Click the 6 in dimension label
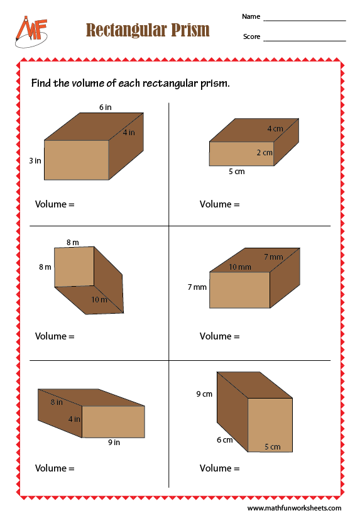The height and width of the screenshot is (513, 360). click(x=106, y=108)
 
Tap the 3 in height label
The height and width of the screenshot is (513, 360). click(x=35, y=161)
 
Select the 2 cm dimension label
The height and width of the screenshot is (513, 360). click(x=265, y=153)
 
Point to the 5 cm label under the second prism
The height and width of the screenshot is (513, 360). click(x=237, y=172)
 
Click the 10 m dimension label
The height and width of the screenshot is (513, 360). click(x=99, y=299)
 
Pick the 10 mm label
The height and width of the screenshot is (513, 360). click(x=240, y=267)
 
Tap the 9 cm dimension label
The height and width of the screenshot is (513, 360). click(x=204, y=394)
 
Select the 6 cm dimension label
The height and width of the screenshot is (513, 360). click(x=225, y=439)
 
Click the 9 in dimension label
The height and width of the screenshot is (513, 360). click(x=114, y=443)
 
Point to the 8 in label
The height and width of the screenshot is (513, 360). click(x=57, y=402)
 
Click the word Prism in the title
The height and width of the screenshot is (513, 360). click(x=190, y=30)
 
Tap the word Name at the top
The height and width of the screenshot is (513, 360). click(x=251, y=16)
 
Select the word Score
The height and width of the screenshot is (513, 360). click(x=252, y=36)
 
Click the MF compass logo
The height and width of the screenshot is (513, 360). click(x=31, y=31)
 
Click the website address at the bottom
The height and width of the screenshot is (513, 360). click(x=294, y=508)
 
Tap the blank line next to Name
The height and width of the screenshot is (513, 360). click(x=305, y=21)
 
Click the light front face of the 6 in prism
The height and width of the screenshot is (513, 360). click(x=77, y=160)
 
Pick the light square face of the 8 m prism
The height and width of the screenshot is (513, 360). click(x=74, y=267)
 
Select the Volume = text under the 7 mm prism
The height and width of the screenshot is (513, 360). click(x=220, y=336)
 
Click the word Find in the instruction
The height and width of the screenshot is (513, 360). click(x=41, y=83)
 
